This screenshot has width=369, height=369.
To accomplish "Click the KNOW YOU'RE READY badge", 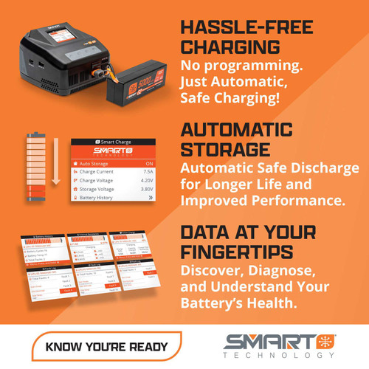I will pyautogui.click(x=106, y=345).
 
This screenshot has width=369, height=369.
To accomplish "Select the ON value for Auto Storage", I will pyautogui.click(x=148, y=164).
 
